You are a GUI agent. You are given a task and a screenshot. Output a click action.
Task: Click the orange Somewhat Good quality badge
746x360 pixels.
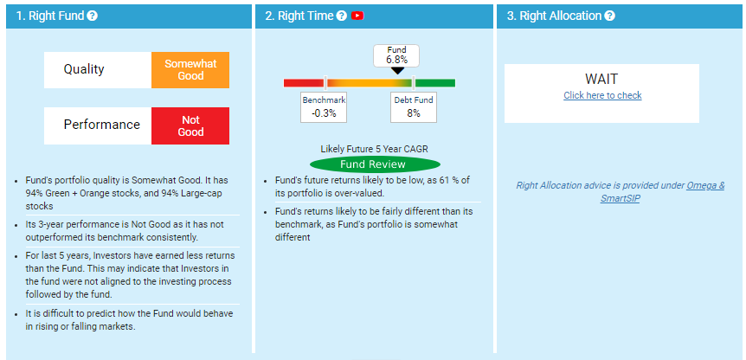190,70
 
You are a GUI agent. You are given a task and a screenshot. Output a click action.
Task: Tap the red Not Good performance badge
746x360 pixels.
190,125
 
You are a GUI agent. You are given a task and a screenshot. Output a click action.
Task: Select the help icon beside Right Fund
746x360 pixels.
93,16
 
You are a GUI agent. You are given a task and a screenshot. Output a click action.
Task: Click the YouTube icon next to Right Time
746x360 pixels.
357,16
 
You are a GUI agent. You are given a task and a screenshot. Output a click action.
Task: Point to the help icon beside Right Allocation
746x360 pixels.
610,16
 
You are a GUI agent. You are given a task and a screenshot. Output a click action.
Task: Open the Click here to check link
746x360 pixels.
602,95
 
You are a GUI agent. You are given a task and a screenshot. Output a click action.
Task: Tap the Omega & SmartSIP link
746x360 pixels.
662,192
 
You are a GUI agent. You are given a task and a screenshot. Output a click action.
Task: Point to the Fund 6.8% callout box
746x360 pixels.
396,55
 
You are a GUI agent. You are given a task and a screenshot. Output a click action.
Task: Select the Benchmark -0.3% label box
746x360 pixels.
324,107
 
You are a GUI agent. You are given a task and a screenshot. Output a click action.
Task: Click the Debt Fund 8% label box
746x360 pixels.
414,107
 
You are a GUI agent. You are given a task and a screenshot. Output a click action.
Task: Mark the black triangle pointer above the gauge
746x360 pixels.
397,70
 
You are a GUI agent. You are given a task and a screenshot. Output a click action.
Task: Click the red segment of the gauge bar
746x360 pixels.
304,83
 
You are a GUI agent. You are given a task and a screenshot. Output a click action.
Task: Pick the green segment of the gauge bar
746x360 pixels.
434,83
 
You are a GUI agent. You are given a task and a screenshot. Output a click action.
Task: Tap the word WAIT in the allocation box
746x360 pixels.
601,80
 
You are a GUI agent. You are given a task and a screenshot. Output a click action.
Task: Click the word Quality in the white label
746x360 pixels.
84,69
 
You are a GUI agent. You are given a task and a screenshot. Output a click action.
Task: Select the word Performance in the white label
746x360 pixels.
102,125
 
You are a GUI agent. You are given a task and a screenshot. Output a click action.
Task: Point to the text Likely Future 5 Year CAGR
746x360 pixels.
375,149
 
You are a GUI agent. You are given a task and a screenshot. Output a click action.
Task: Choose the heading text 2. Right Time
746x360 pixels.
299,16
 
